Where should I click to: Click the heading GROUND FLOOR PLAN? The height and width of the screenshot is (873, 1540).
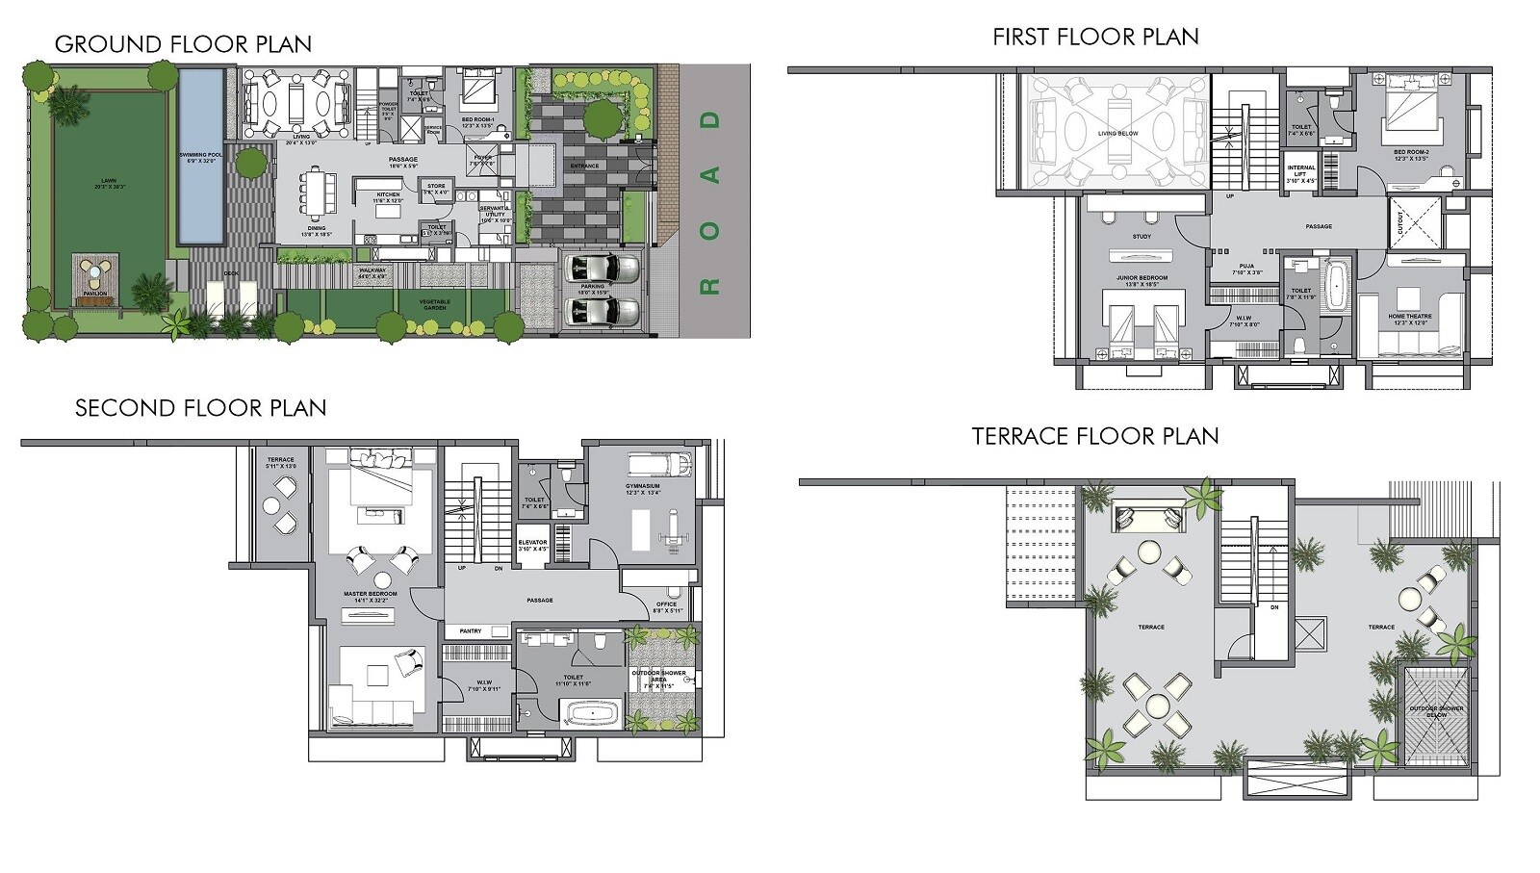tap(183, 44)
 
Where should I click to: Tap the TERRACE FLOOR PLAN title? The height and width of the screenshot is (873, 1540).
tap(1095, 436)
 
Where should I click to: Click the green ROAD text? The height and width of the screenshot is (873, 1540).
tap(711, 202)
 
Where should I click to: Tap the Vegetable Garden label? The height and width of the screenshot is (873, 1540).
tap(435, 302)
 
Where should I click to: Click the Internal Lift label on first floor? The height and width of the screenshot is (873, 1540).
tap(1301, 174)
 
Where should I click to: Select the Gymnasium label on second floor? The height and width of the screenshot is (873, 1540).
tap(642, 486)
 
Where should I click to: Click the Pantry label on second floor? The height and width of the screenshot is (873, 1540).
tap(471, 631)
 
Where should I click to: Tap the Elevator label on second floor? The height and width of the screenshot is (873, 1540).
tap(532, 545)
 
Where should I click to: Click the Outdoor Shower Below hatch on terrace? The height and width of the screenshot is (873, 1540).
tap(1436, 713)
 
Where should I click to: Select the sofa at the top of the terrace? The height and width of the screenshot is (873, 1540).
tap(1147, 517)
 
